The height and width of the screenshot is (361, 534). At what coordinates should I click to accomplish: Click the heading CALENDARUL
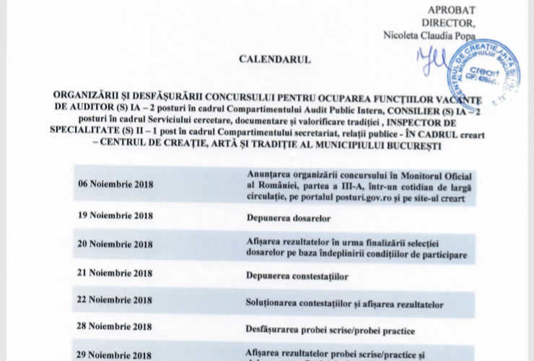pos(275,59)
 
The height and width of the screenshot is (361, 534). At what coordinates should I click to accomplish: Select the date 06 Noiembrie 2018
pos(115,184)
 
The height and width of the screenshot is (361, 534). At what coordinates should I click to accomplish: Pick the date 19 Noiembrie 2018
pos(115,215)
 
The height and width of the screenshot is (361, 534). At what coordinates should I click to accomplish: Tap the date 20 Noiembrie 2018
pos(115,245)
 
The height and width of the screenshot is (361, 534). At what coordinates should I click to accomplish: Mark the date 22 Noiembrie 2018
pos(115,300)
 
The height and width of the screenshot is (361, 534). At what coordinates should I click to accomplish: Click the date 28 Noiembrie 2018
pos(115,328)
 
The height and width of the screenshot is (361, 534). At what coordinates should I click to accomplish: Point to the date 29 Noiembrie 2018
pos(115,355)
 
